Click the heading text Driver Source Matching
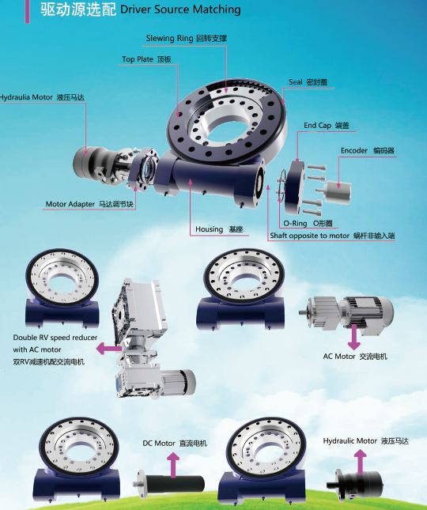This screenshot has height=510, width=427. (x=180, y=9)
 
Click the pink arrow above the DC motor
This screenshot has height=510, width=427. (x=173, y=466)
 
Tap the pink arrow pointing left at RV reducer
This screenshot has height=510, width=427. (x=108, y=349)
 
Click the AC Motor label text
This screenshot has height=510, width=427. (x=355, y=357)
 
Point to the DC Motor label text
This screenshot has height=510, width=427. (x=175, y=444)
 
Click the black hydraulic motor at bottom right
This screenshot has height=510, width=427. (x=355, y=484)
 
